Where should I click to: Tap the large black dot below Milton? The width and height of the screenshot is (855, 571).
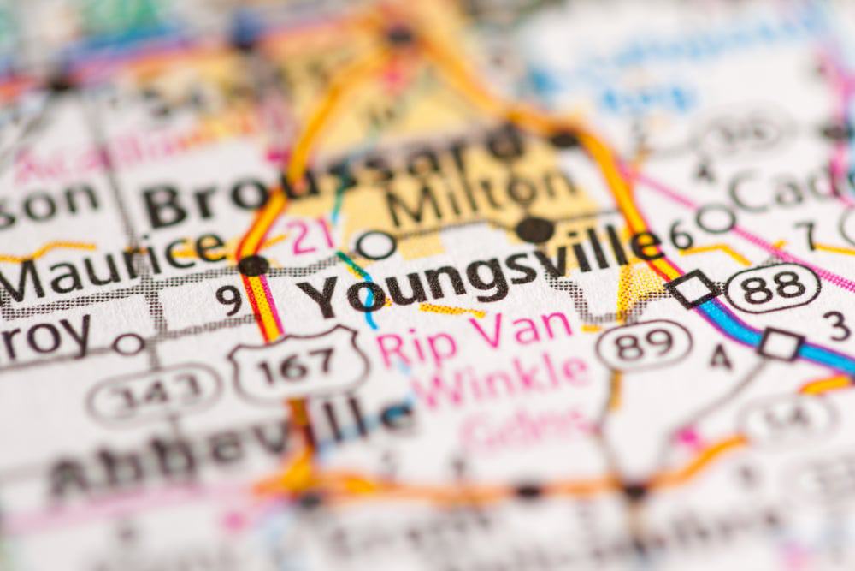pos(534,229)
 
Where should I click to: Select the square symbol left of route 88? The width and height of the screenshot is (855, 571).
pos(693,288)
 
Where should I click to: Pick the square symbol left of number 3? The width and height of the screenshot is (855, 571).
pos(780,343)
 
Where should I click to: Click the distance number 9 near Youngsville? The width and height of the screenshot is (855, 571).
pos(228,299)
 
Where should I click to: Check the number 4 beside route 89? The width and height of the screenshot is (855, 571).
pos(720,356)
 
